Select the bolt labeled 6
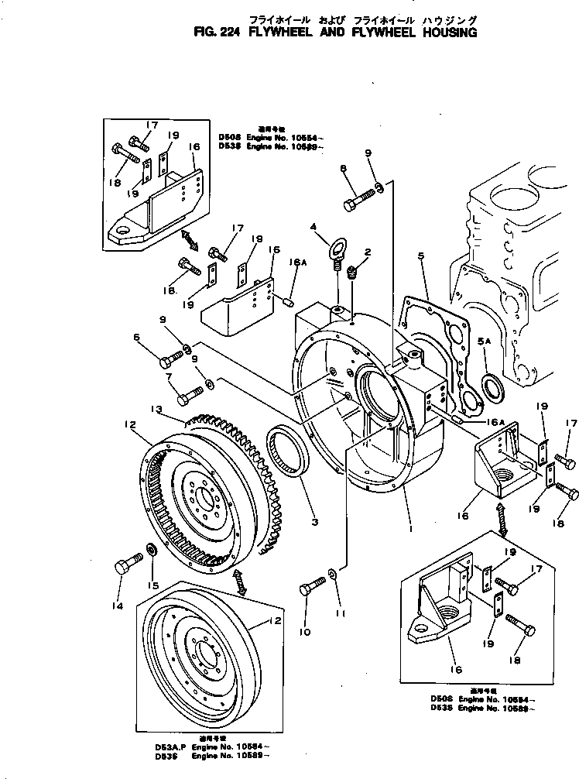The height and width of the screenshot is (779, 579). click(170, 359)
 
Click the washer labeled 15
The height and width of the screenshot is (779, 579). click(152, 550)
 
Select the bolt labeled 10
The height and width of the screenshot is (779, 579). click(310, 590)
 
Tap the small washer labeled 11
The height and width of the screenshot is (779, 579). click(331, 574)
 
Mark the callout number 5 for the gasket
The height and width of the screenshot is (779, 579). click(422, 253)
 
